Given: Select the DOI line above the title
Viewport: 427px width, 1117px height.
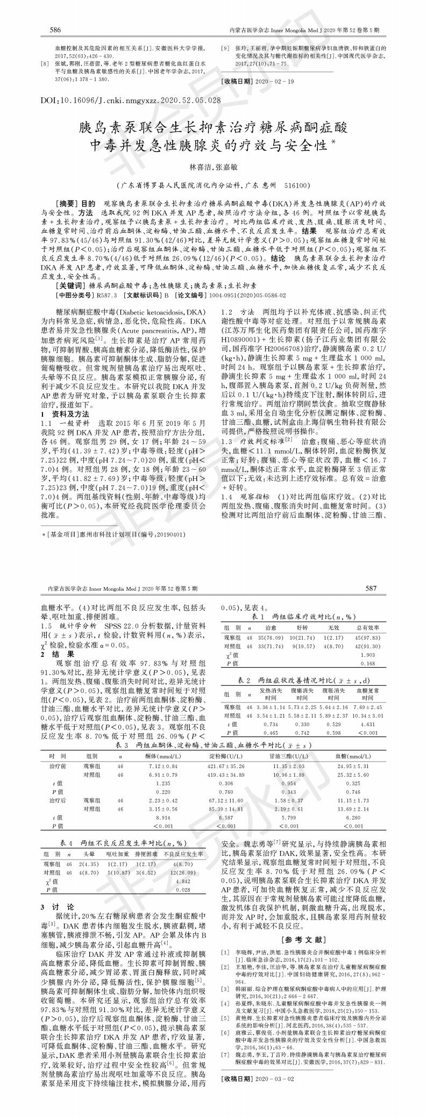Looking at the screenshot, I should tap(131, 101).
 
